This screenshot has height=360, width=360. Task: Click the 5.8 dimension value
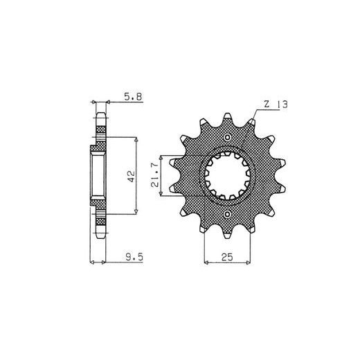tap(133, 97)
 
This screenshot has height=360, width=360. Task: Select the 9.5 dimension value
tap(134, 257)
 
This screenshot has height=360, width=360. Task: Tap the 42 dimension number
tap(132, 177)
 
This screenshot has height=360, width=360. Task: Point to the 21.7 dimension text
tap(154, 174)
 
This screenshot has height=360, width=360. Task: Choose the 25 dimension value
tap(227, 257)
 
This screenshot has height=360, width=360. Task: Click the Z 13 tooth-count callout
tap(276, 105)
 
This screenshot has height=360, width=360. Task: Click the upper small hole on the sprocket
tap(227, 138)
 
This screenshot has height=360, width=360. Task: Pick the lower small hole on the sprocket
tap(227, 214)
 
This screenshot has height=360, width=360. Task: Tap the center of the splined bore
tap(228, 176)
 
